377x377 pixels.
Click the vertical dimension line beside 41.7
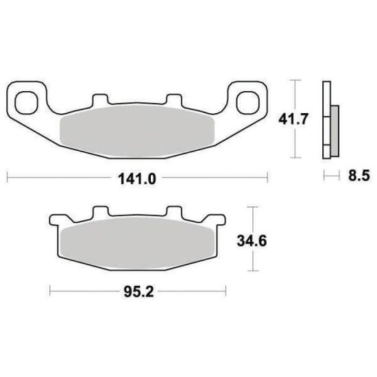(295, 119)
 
